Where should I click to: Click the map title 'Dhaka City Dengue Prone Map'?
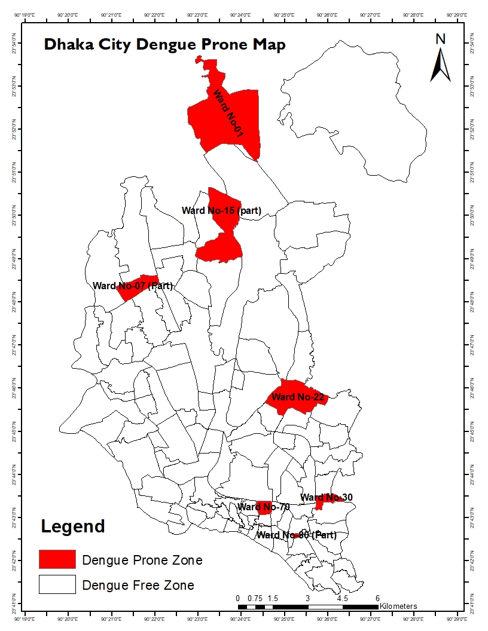tap(164, 45)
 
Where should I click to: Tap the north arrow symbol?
tap(441, 65)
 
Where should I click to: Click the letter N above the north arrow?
tap(441, 39)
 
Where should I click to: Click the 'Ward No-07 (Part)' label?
tap(132, 286)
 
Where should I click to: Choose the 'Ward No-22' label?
tap(297, 397)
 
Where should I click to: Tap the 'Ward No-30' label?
tap(326, 498)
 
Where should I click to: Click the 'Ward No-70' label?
tap(263, 507)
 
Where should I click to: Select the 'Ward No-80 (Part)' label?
tap(296, 535)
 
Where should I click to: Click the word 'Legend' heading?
tap(73, 526)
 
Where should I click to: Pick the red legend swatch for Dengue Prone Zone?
tap(57, 559)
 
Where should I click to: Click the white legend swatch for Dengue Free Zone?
tap(57, 584)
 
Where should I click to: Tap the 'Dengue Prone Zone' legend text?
tap(142, 560)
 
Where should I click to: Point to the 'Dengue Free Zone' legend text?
tap(138, 585)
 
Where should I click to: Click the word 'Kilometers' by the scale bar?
tap(398, 606)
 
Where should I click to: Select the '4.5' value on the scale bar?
tap(342, 598)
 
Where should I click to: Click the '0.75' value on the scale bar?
tap(255, 598)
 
